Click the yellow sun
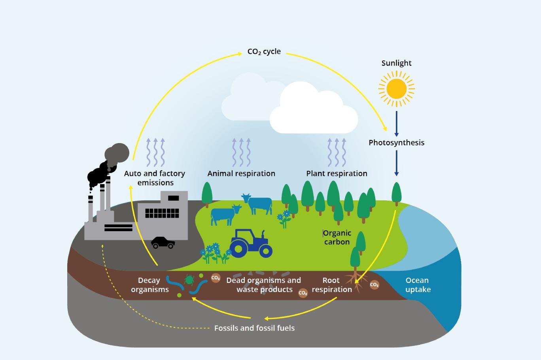coord(396,89)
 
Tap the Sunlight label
coord(396,63)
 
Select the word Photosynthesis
coord(396,143)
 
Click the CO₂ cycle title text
coord(264,51)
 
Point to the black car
coord(163,243)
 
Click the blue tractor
coord(251,243)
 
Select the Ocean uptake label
coord(418,285)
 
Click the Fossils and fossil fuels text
coord(254,328)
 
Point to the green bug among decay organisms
coord(189,280)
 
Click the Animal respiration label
coord(241,173)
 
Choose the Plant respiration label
coord(337,173)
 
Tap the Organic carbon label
coord(337,237)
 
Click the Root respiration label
coord(332,285)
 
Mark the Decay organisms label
coord(150,285)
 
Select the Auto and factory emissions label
coord(155,178)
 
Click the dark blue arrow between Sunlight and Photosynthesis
coord(396,124)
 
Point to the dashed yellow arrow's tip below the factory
coord(102,245)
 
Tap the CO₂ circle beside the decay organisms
coord(216,278)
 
